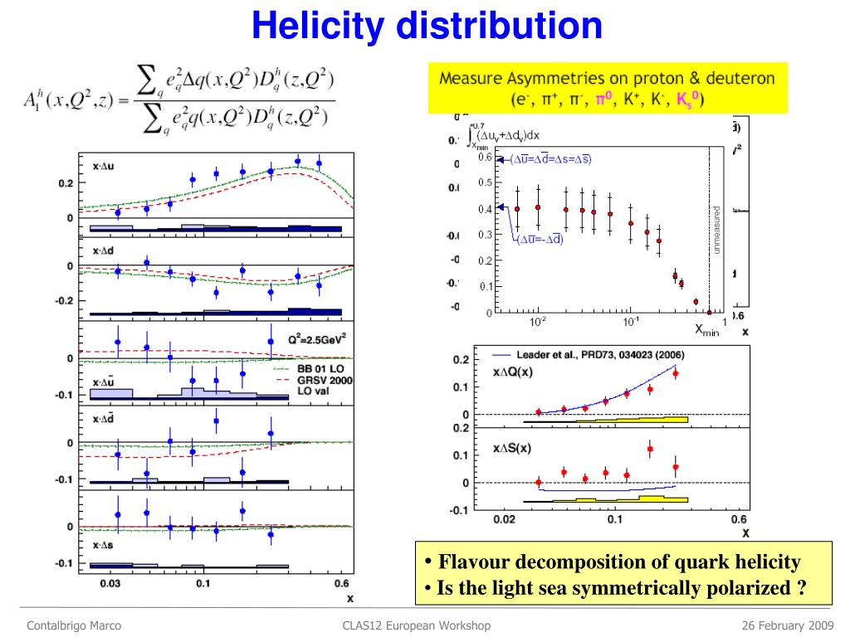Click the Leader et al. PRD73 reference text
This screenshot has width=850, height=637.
point(594,354)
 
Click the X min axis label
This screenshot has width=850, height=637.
point(706,330)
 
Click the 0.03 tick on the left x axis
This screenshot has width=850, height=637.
point(110,583)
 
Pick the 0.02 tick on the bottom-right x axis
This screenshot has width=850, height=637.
point(504,519)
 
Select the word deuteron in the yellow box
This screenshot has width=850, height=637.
point(734,79)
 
